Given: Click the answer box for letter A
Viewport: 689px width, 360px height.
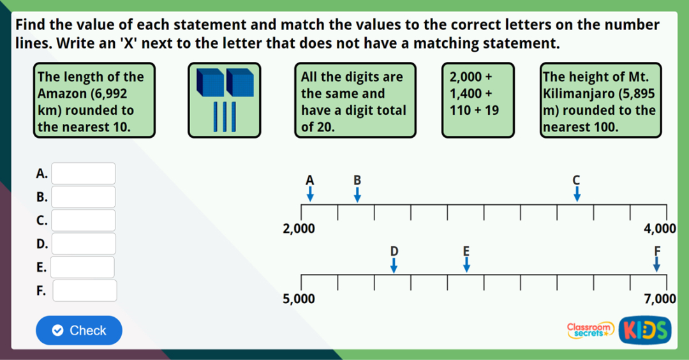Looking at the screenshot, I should pos(84,174).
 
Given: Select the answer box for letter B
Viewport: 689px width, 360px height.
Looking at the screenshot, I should pos(84,197).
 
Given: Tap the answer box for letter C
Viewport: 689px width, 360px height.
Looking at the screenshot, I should pos(84,220).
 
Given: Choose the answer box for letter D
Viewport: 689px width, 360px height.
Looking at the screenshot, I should pos(84,244).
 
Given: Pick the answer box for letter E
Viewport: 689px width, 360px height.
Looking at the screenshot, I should pos(83,267).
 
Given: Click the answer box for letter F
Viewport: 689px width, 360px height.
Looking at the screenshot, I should pos(85,290).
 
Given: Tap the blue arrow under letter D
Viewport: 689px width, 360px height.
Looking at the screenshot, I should pos(394,265).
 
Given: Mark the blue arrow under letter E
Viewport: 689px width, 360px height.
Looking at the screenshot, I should pos(466,265).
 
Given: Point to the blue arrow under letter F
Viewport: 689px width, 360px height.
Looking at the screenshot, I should pos(656,265).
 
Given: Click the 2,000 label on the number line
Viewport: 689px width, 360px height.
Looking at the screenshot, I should pos(299,229).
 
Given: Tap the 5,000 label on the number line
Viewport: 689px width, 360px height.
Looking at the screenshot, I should pos(299,298).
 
